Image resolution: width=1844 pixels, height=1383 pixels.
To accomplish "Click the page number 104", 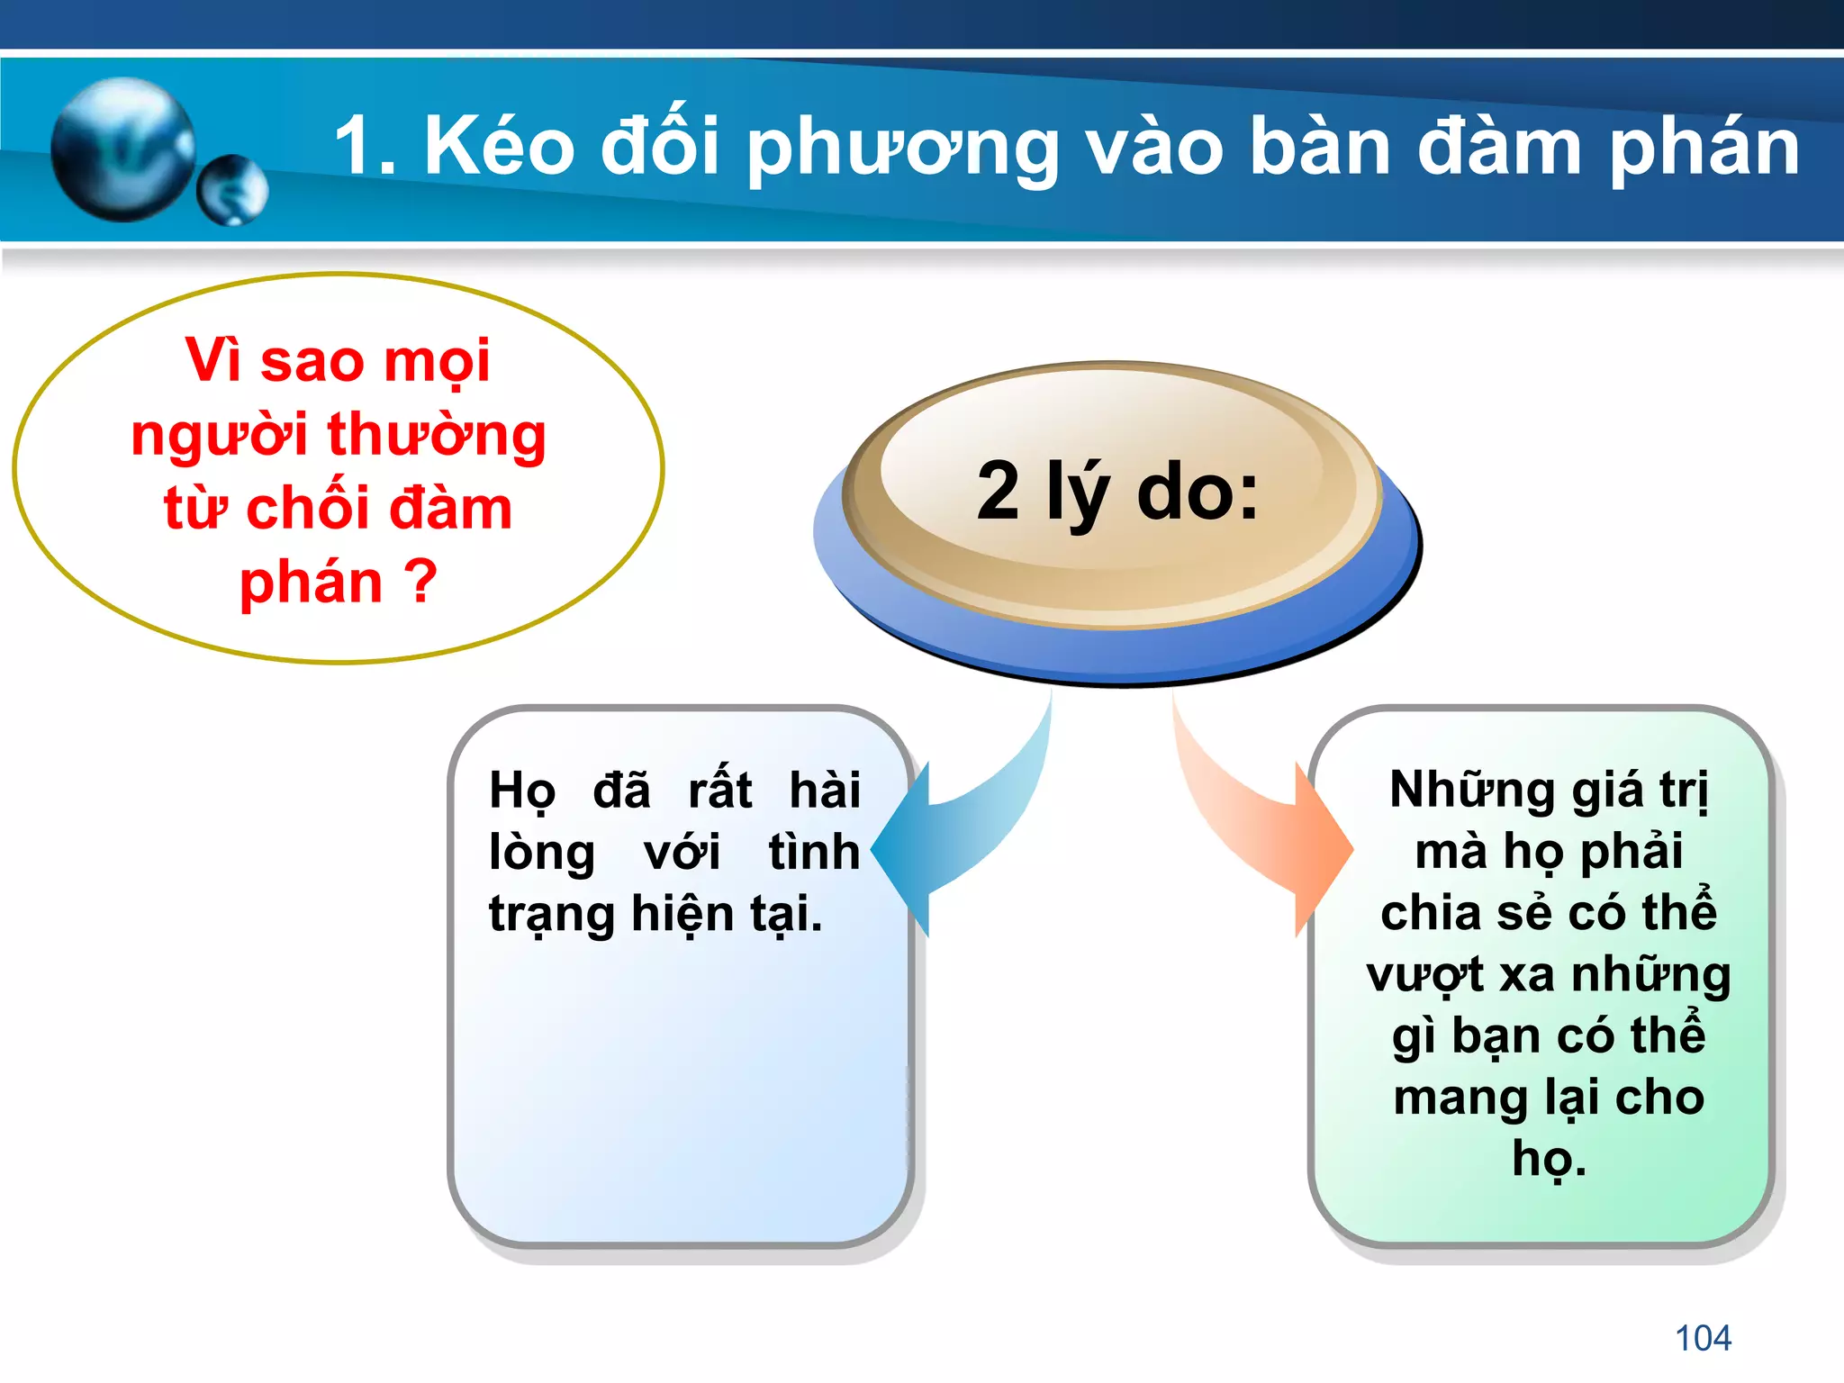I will tap(1703, 1338).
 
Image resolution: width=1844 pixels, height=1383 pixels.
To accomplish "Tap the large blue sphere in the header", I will tap(122, 149).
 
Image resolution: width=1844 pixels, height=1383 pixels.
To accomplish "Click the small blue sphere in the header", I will tap(233, 189).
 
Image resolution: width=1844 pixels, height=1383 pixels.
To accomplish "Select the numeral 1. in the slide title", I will tap(365, 147).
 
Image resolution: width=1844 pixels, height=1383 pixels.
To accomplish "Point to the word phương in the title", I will tap(903, 151).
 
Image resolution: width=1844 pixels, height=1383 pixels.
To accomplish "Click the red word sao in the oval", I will tap(311, 360).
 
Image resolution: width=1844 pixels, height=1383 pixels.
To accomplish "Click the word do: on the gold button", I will tap(1198, 493).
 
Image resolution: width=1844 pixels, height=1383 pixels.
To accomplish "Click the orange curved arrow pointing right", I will tap(1261, 828).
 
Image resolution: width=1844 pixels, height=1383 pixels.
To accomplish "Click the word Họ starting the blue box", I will tap(522, 791).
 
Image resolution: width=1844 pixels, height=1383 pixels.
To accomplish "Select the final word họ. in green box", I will tap(1549, 1160).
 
